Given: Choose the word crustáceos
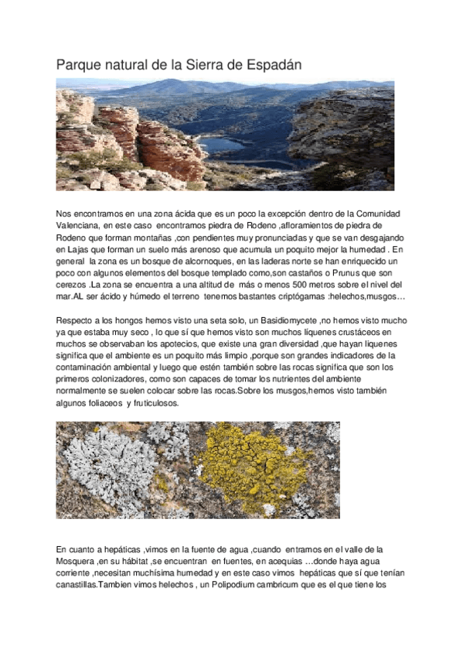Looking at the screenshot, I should click(353, 333).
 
